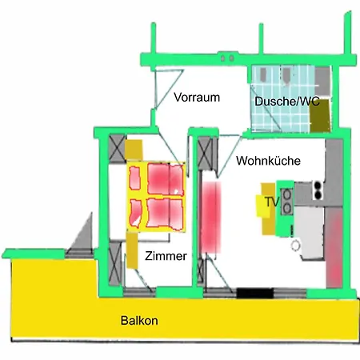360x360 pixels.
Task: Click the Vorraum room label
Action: (197, 98)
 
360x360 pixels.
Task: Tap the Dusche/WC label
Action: (287, 102)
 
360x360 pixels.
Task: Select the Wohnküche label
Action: (268, 161)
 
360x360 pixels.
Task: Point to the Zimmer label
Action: (166, 256)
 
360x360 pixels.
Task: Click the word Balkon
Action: (139, 320)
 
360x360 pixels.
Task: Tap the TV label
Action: (272, 202)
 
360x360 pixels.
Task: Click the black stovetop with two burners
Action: (318, 190)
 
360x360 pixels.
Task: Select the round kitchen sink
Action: (295, 246)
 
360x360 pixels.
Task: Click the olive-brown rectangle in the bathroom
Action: (321, 115)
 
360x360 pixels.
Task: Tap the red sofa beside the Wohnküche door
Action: (210, 217)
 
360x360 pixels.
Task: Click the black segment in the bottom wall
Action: (255, 293)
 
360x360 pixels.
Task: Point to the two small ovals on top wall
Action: (227, 58)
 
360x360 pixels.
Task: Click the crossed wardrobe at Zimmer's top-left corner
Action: (118, 149)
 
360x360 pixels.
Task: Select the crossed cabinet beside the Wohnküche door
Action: (206, 154)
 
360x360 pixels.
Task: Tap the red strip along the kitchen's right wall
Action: (334, 247)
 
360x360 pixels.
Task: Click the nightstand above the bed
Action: (134, 150)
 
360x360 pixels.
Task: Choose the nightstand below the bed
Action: (132, 250)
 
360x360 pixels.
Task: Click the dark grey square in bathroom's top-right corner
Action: (322, 81)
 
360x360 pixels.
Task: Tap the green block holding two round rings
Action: (286, 209)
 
